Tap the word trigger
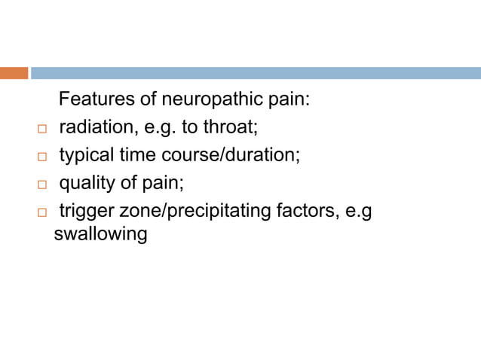[x=84, y=212]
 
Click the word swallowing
[x=100, y=234]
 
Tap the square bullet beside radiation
[x=42, y=129]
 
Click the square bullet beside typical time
[x=42, y=157]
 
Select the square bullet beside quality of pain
[x=42, y=185]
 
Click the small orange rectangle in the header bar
[x=14, y=73]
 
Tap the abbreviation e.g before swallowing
[x=357, y=212]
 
